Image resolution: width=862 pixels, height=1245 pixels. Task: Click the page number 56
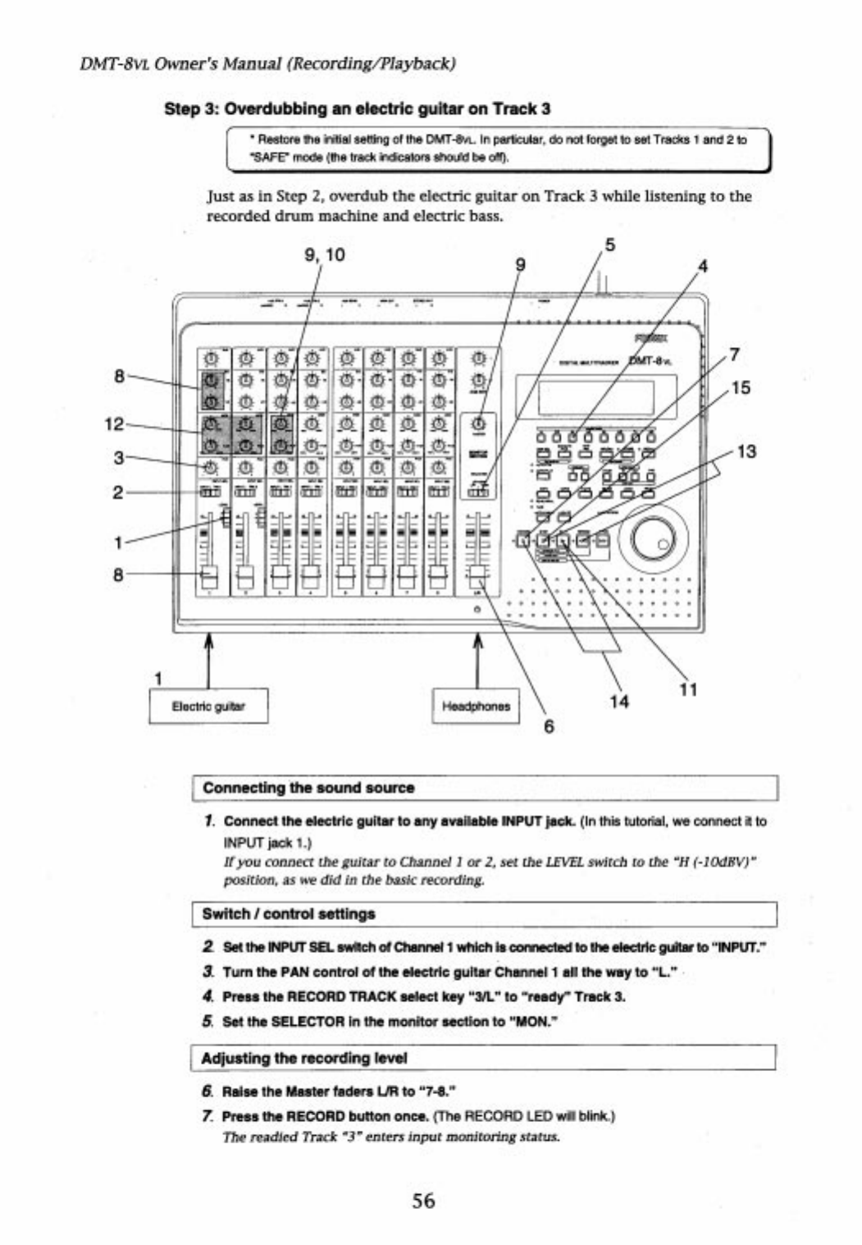pos(423,1201)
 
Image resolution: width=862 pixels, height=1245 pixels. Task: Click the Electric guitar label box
pos(208,706)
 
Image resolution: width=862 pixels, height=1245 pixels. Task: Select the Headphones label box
pos(476,706)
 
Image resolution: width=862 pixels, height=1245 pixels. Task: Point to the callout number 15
pos(740,387)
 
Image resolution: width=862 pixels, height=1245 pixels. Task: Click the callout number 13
pos(746,451)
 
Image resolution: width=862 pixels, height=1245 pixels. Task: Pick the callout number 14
pos(619,702)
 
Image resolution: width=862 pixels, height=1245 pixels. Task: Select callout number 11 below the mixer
pos(688,689)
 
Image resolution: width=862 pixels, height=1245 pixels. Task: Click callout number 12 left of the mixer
pos(114,424)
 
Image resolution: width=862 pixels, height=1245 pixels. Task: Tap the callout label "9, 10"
pos(325,255)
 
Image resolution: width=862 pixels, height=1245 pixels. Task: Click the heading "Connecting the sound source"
pos(308,788)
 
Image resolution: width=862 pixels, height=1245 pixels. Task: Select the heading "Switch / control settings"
pos(289,913)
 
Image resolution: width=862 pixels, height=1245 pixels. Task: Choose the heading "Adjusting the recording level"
pos(304,1058)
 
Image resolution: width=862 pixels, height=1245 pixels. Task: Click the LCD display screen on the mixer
pos(595,398)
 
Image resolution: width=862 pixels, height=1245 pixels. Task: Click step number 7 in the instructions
pos(208,1116)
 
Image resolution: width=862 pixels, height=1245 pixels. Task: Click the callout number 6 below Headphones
pos(549,726)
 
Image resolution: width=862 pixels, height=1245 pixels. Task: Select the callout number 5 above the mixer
pos(609,245)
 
